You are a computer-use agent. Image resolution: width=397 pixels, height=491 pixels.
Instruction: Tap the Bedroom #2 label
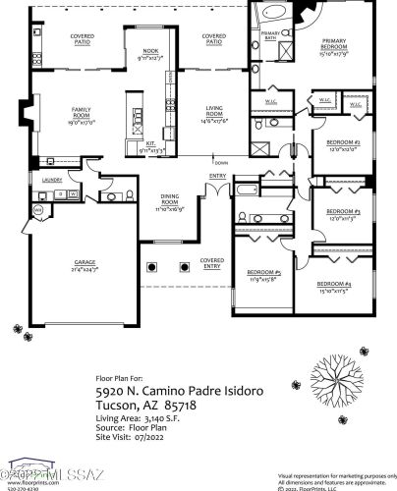345,145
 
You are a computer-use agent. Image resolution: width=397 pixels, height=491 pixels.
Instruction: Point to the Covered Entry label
210,263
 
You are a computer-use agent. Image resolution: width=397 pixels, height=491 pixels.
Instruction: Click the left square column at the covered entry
150,266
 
